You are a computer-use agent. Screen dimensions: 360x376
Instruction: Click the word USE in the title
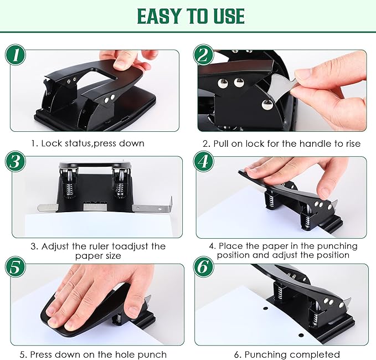(225, 16)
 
